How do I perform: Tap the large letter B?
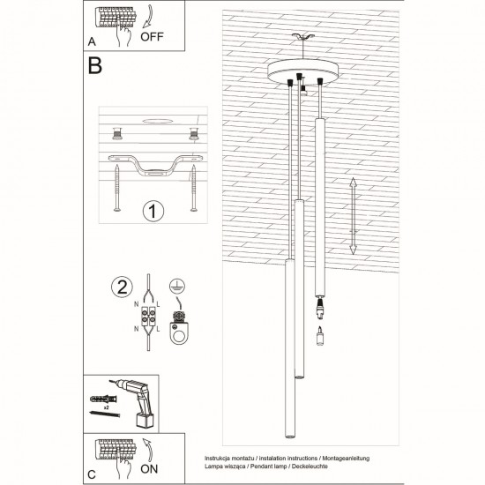pyautogui.click(x=95, y=66)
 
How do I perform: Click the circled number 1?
pyautogui.click(x=153, y=212)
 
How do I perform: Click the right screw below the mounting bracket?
pyautogui.click(x=192, y=190)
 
